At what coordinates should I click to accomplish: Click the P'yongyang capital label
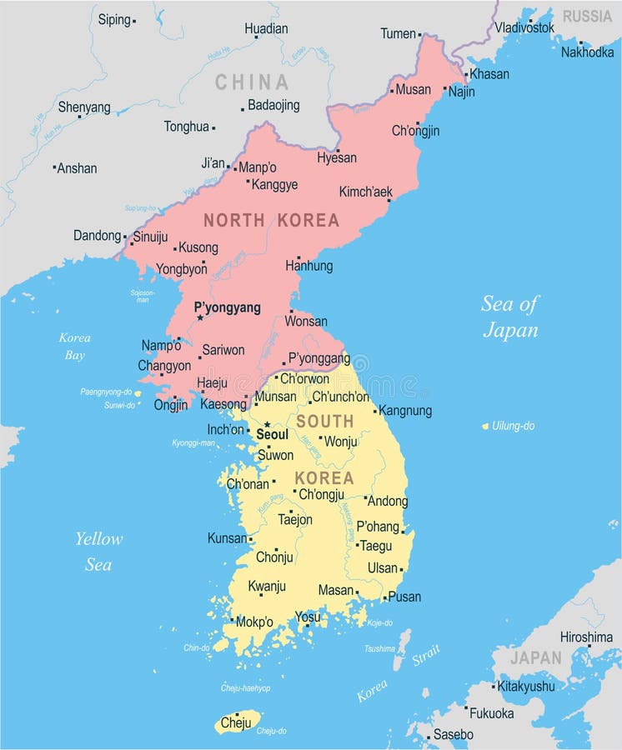point(227,307)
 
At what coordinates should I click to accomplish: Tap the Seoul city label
point(272,434)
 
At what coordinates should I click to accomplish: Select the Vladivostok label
point(524,27)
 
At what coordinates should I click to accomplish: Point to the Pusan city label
point(404,597)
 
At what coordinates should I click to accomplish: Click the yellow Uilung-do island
point(485,426)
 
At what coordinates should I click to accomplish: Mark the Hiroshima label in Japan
point(586,637)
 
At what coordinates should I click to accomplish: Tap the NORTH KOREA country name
point(272,220)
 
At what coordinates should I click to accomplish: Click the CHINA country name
point(252,82)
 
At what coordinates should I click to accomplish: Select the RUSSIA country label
point(587,16)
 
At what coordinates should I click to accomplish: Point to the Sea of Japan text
point(509,317)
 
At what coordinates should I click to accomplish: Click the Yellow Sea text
point(98,552)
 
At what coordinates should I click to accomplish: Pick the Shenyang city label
point(84,107)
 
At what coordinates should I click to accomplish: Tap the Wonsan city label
point(306,321)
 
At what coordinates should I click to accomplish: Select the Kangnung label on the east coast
point(405,410)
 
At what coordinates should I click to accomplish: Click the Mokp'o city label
point(254,622)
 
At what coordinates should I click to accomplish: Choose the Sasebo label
point(453,734)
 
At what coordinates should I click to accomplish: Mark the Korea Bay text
point(74,347)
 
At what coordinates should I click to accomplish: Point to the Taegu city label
point(375,546)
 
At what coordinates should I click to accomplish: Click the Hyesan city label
point(337,157)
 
